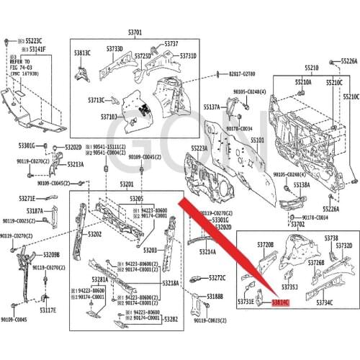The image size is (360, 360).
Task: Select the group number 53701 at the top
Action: [135, 32]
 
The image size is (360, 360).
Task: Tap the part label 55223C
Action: [33, 40]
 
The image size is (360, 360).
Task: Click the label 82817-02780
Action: [242, 74]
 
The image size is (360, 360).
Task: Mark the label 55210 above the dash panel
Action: [311, 67]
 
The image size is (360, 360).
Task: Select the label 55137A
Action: [212, 107]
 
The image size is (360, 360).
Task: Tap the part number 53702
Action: [297, 224]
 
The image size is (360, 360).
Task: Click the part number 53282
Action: [171, 318]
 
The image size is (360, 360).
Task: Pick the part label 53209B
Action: [51, 255]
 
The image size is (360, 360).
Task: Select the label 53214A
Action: [207, 252]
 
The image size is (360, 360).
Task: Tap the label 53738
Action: [331, 238]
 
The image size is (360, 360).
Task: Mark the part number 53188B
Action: [215, 296]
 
